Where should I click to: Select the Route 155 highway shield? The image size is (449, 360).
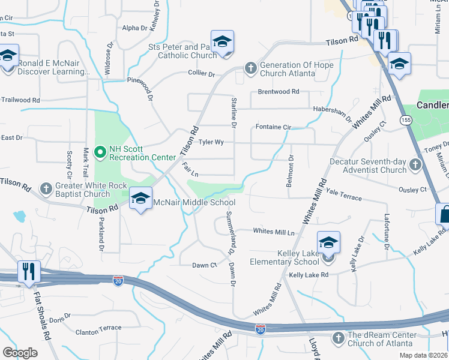[x=408, y=120]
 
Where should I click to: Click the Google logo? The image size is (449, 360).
[x=20, y=352]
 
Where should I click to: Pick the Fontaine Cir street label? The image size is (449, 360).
[x=273, y=127]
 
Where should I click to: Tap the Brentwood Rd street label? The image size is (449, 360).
[x=278, y=92]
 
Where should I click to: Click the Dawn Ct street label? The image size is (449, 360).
[x=204, y=265]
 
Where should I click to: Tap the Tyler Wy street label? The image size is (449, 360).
[x=211, y=142]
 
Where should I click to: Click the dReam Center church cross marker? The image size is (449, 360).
[x=339, y=339]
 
